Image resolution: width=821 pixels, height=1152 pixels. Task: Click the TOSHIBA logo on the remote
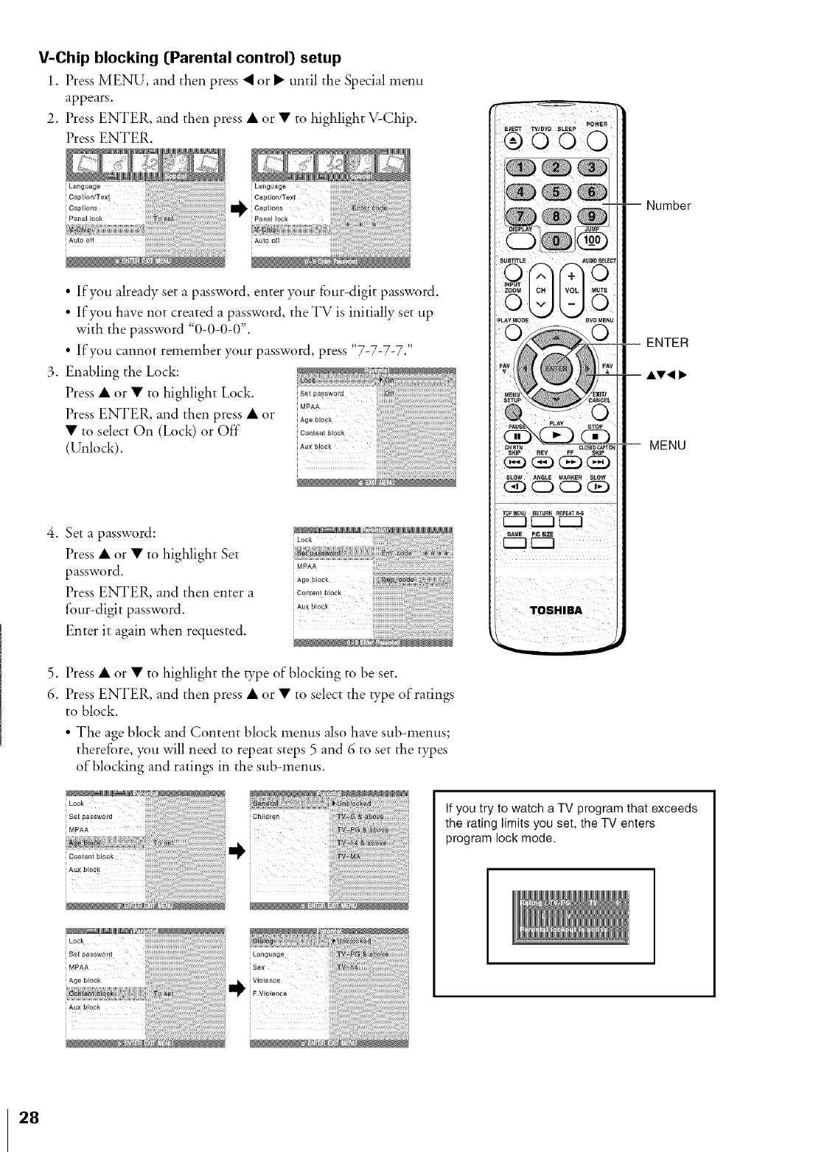click(556, 611)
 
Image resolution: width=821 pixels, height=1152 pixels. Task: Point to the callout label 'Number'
click(668, 206)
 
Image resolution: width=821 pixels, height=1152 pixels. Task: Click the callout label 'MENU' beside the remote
click(668, 445)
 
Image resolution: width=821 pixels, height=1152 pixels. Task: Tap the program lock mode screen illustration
click(570, 916)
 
